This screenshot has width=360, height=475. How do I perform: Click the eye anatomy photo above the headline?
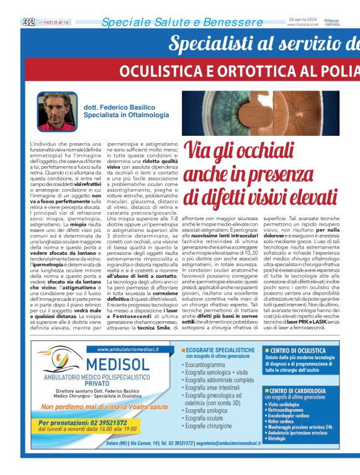(x=271, y=113)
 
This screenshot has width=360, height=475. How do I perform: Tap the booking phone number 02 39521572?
(x=110, y=422)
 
